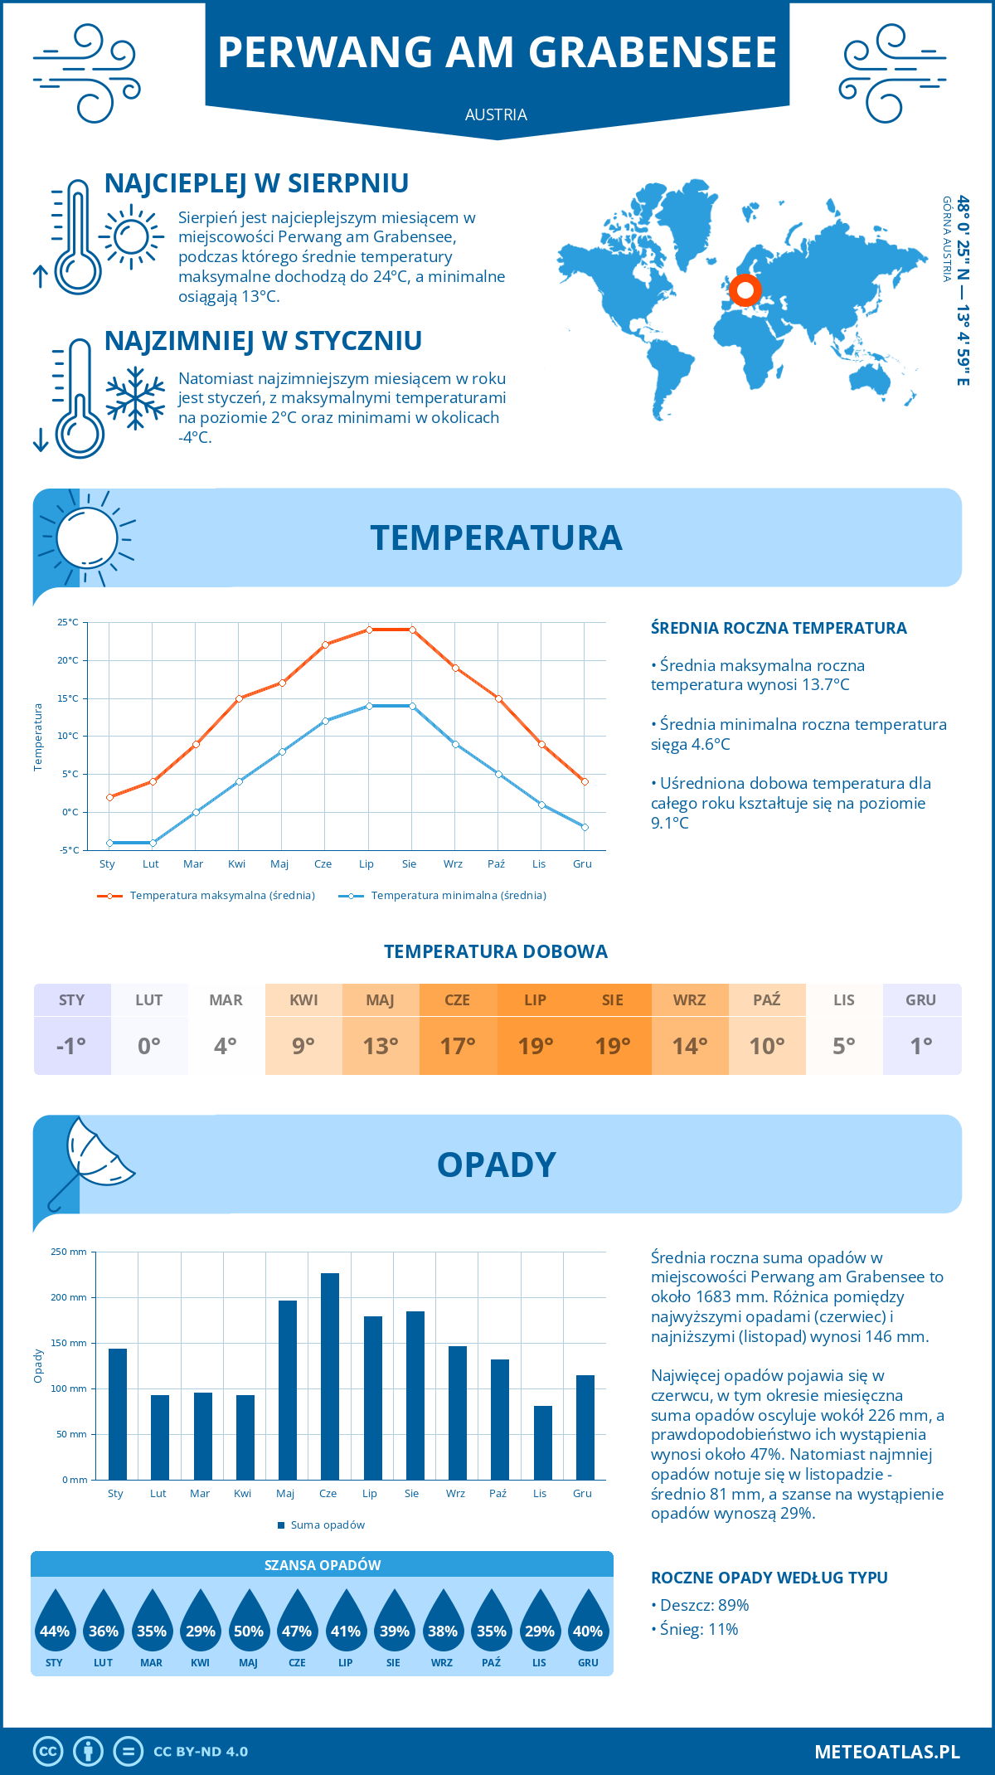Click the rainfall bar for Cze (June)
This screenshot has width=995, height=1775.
tap(329, 1377)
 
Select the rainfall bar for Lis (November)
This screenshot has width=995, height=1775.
tap(543, 1442)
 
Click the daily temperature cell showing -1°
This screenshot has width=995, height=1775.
tap(72, 1046)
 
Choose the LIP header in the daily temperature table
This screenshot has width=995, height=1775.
tap(536, 999)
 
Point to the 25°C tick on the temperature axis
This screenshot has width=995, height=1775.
tap(68, 622)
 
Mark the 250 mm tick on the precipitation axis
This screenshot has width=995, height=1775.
tap(69, 1252)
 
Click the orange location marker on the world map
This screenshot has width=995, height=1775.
tap(745, 290)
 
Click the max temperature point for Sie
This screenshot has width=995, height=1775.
tap(412, 630)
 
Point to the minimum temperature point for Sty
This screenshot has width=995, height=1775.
tap(109, 843)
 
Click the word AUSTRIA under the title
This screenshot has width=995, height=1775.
tap(496, 114)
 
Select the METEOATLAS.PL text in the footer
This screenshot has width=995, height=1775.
tap(886, 1752)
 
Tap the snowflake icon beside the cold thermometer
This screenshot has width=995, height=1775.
tap(135, 397)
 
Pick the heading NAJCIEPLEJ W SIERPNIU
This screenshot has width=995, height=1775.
tap(256, 183)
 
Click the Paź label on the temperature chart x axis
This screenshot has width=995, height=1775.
tap(496, 864)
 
